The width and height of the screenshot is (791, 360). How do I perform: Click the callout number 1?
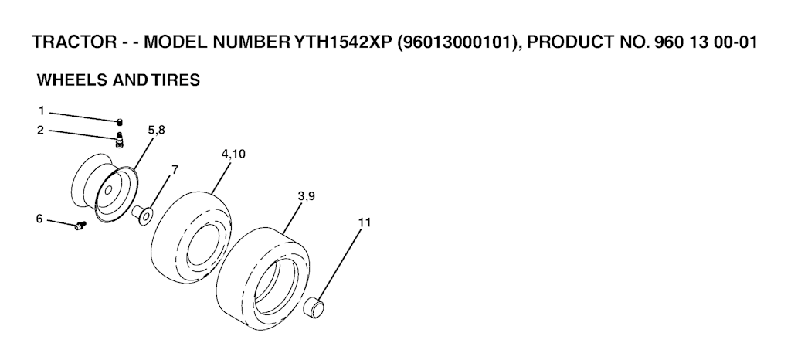pyautogui.click(x=42, y=110)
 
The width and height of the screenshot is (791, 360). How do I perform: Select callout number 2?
pyautogui.click(x=41, y=130)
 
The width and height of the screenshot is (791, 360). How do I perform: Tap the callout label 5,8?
pyautogui.click(x=156, y=130)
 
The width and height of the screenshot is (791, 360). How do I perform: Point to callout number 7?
pyautogui.click(x=175, y=170)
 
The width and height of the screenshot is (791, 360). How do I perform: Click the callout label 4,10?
pyautogui.click(x=233, y=154)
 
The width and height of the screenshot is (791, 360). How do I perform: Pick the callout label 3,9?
pyautogui.click(x=306, y=196)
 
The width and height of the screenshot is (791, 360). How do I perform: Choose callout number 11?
pyautogui.click(x=365, y=222)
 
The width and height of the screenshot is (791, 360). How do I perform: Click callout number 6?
pyautogui.click(x=39, y=219)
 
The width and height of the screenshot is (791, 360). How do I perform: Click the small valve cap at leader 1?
pyautogui.click(x=120, y=121)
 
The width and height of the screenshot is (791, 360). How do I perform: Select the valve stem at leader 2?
pyautogui.click(x=120, y=140)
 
